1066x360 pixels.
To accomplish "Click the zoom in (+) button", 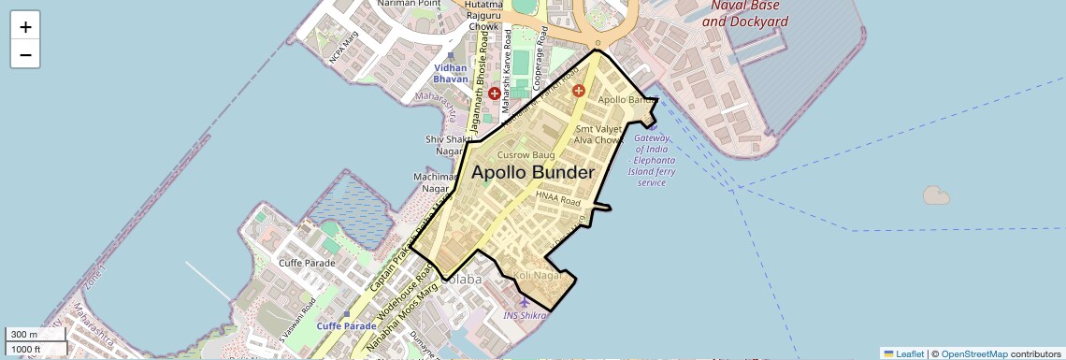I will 25,27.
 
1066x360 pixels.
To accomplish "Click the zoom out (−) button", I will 25,54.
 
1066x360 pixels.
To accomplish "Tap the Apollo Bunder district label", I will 533,173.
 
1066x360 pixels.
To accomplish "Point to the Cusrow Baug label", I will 526,154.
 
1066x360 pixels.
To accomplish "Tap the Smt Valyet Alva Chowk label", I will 598,134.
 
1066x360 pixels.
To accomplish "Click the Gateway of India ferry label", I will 652,160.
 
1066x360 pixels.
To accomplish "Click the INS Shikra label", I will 525,315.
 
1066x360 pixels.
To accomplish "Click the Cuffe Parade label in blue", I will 346,325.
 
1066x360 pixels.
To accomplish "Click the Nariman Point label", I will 409,4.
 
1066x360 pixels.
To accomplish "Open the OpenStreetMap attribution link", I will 973,353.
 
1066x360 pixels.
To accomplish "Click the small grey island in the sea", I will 935,195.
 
